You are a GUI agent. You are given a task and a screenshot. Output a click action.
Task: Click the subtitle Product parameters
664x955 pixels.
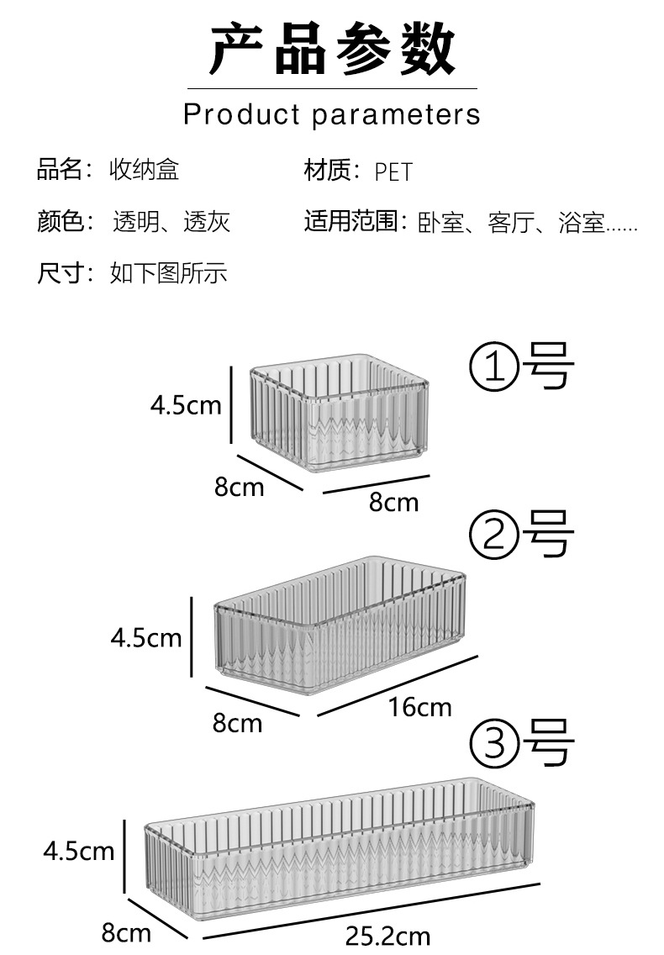pos(332,114)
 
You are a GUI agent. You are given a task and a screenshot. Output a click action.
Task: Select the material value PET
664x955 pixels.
pos(393,172)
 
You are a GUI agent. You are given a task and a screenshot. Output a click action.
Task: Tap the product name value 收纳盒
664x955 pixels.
pos(144,171)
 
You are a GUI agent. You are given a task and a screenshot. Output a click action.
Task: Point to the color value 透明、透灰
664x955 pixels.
pos(171,222)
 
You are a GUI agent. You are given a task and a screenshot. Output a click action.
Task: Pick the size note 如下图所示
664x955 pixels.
pos(168,273)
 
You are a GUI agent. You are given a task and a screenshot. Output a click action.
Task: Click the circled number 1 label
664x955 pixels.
pos(492,370)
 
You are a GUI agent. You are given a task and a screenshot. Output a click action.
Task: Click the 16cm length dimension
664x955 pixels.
pos(419,708)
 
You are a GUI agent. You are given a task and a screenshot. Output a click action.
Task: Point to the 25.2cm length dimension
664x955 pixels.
pos(387,936)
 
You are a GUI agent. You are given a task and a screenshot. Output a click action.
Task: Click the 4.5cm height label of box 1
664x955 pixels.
pos(186,405)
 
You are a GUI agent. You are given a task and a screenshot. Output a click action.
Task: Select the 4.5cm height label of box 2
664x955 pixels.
pos(146,638)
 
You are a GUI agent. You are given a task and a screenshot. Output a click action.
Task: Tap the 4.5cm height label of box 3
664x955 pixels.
pos(79,852)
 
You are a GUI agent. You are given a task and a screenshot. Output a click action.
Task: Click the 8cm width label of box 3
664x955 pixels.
pos(126,932)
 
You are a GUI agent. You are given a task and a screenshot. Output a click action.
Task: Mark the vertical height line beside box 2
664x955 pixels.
pos(192,636)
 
